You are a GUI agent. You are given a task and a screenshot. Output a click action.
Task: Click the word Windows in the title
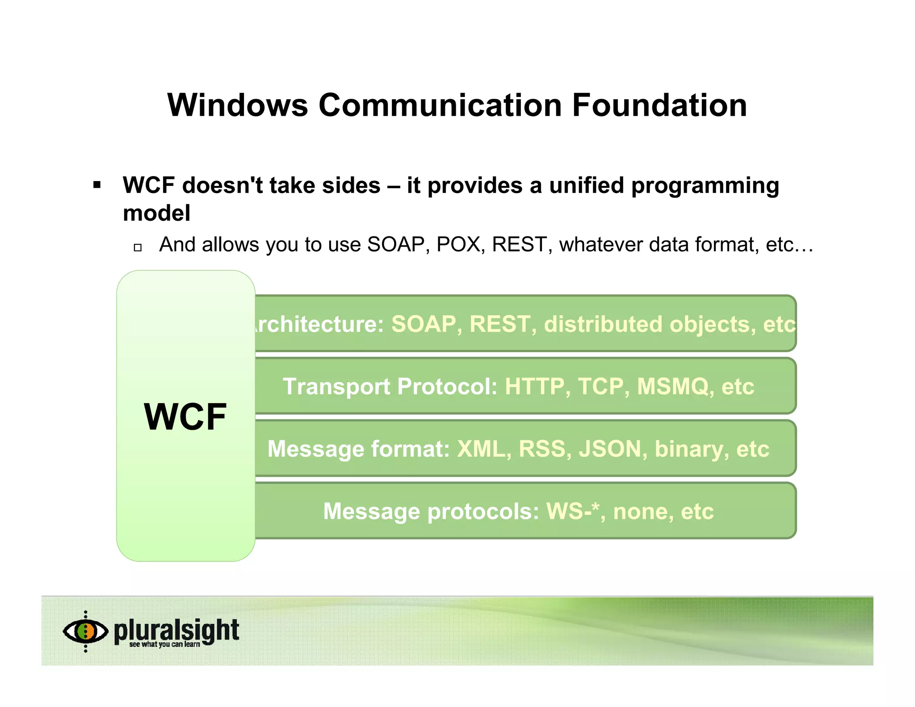pos(238,105)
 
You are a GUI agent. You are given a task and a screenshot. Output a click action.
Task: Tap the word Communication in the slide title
pos(440,105)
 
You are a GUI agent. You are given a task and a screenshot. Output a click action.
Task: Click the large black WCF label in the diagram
pos(185,417)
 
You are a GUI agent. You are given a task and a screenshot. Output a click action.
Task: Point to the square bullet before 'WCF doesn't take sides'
pos(97,185)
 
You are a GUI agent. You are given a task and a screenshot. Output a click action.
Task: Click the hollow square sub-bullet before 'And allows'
pos(138,247)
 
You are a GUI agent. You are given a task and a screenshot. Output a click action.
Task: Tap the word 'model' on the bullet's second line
pos(156,213)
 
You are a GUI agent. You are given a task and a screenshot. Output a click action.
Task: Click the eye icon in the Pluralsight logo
pos(85,631)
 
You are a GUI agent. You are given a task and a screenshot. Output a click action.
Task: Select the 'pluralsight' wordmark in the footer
pos(176,630)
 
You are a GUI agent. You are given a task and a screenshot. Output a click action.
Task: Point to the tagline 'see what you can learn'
pos(164,644)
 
